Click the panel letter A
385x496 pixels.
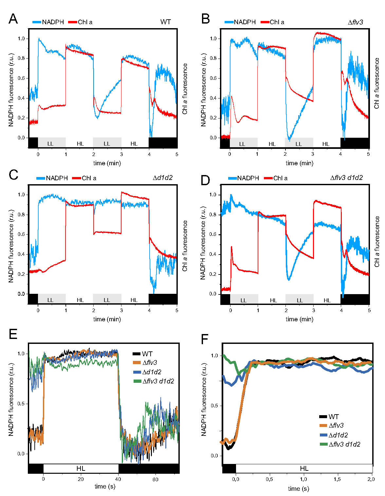13,19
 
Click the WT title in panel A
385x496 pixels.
165,22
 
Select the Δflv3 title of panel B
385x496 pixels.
355,22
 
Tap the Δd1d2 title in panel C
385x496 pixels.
162,178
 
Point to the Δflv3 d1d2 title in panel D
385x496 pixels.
346,178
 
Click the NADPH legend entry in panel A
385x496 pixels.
52,22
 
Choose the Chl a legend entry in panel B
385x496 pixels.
277,22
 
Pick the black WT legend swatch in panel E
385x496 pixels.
137,354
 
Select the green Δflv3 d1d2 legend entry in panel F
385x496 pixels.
344,444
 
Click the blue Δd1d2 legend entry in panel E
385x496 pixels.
152,372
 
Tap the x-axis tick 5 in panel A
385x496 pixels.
177,154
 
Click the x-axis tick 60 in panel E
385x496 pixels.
155,479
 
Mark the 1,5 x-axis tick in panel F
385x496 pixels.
338,479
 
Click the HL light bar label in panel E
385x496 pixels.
81,469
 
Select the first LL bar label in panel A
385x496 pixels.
50,144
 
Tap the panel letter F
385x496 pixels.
205,340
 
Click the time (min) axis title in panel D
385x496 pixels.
299,319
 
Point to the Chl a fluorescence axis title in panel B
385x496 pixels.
377,83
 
